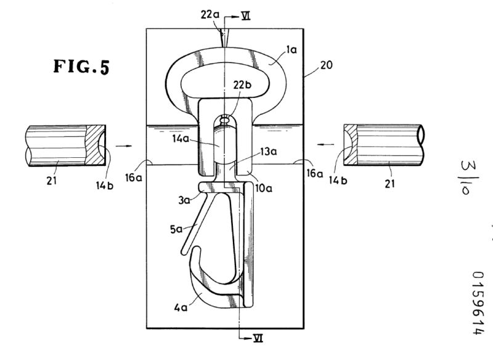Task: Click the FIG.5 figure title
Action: click(81, 67)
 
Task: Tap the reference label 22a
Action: click(210, 15)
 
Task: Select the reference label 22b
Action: click(242, 85)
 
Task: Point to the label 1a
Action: click(291, 50)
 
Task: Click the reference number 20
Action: click(327, 65)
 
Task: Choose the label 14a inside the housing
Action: click(181, 138)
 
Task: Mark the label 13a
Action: click(268, 152)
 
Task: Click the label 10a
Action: click(264, 189)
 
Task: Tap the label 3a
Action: click(184, 200)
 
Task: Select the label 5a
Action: click(176, 229)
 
